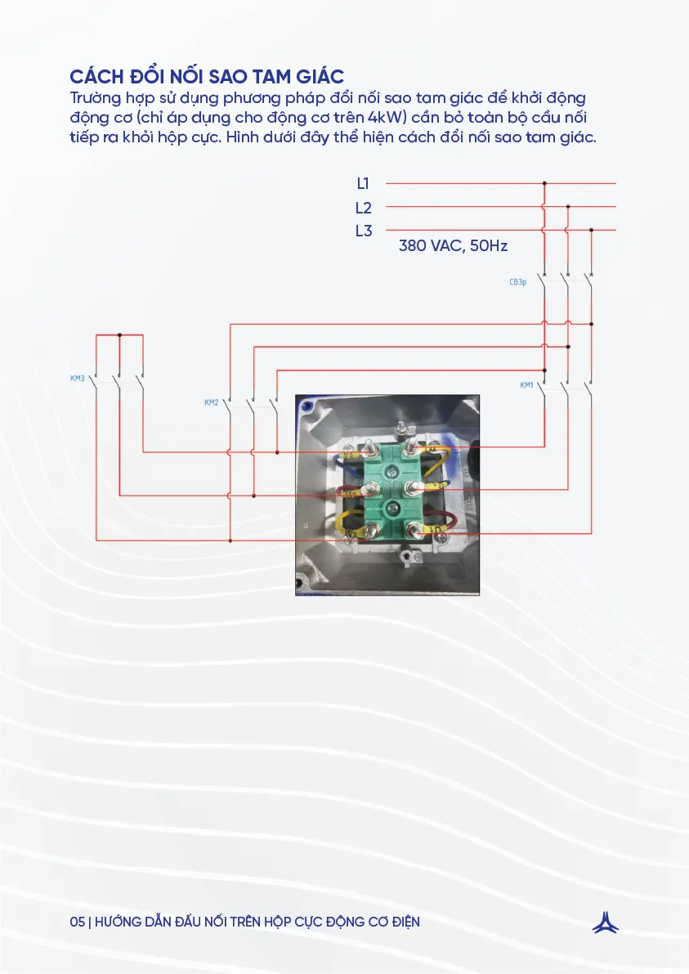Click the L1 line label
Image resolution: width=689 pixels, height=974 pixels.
[364, 184]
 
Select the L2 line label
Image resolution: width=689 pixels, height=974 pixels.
[364, 208]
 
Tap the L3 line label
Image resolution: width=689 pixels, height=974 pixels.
[364, 231]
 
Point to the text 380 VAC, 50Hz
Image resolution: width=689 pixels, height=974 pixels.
[453, 245]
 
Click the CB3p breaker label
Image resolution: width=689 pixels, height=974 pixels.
[517, 282]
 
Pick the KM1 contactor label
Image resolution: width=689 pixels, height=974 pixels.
[526, 384]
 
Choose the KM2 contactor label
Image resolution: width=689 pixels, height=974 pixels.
[211, 402]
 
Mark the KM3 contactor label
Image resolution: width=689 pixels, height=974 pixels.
[78, 379]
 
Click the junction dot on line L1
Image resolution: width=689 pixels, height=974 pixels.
[544, 184]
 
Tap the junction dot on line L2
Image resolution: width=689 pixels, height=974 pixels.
[568, 207]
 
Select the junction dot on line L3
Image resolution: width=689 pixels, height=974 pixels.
[591, 231]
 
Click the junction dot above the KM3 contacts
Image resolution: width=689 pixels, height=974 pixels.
[120, 334]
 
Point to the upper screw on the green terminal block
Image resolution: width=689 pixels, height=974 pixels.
[393, 471]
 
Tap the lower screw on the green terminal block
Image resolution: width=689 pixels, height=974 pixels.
[393, 509]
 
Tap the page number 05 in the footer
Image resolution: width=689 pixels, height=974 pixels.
[78, 922]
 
